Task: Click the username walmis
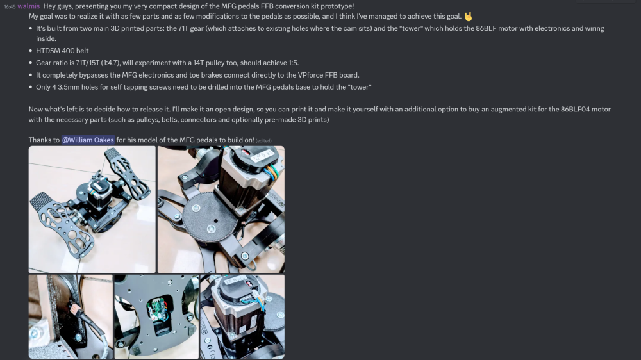coord(28,6)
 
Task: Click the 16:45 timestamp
coord(9,6)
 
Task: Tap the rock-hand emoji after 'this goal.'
coord(468,16)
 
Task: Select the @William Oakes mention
coord(88,140)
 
